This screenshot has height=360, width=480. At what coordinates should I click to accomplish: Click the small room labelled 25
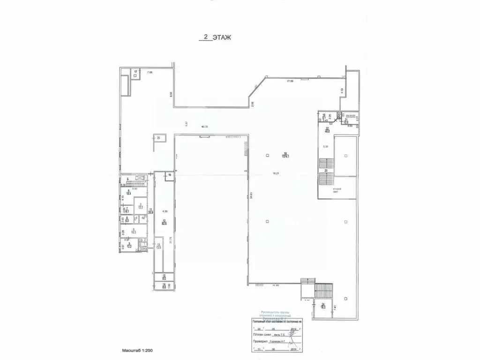pos(158,138)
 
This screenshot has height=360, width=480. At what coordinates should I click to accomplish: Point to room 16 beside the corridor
pos(170,175)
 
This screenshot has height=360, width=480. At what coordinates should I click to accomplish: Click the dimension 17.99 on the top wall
pos(293,82)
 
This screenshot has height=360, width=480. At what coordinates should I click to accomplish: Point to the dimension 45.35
pos(205,126)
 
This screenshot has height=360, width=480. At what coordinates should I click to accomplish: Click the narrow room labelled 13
pos(158,247)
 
